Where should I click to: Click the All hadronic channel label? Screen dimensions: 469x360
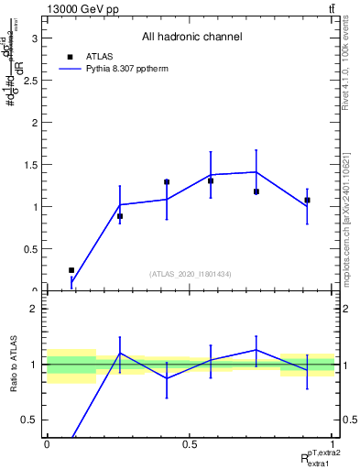(x=191, y=38)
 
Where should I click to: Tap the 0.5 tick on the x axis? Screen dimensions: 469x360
(x=190, y=444)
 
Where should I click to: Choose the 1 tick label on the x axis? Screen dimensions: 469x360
(x=333, y=444)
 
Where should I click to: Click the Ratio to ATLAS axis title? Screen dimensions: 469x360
(x=13, y=366)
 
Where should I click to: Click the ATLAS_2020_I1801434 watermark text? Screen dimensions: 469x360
(x=190, y=274)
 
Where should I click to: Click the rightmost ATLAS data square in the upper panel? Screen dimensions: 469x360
(x=307, y=200)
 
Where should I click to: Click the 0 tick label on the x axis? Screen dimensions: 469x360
(x=46, y=444)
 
